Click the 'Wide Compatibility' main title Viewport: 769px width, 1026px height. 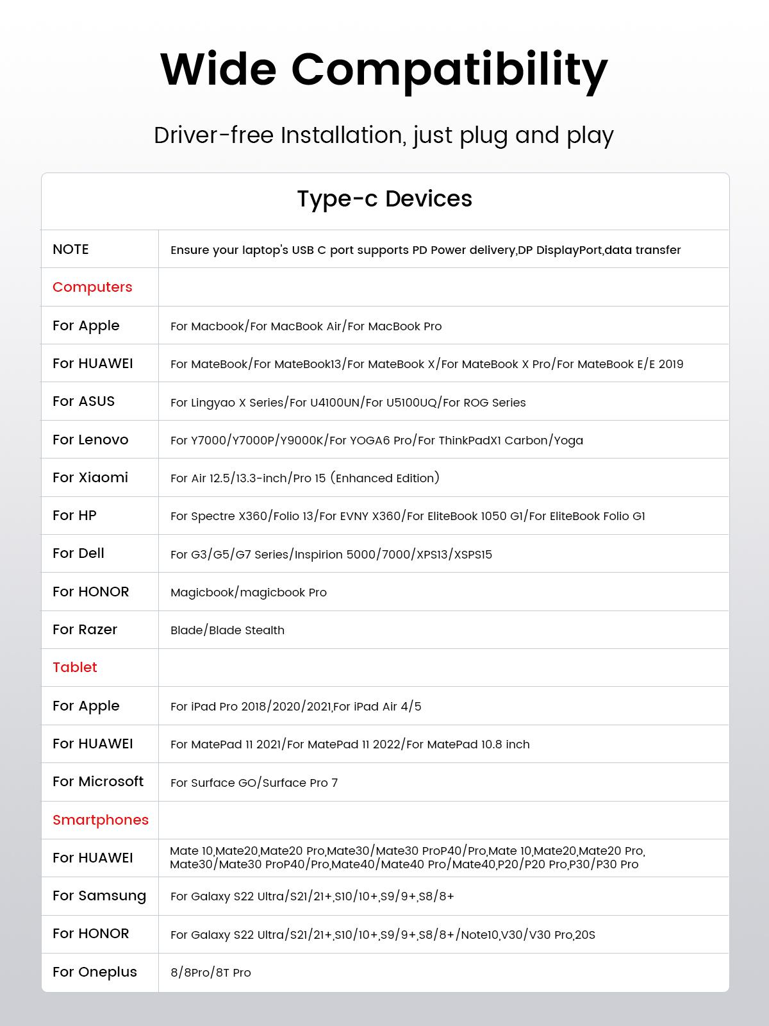tap(384, 69)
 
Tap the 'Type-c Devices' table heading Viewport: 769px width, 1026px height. tap(384, 199)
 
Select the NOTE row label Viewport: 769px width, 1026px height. tap(70, 249)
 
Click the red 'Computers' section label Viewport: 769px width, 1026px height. tap(92, 287)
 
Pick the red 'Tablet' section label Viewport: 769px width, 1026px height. tap(75, 668)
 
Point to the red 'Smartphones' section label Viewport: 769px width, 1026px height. tap(101, 820)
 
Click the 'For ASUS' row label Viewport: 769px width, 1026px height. tap(83, 401)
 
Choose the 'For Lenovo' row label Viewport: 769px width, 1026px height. tap(90, 440)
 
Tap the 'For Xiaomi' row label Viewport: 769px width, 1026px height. tap(90, 478)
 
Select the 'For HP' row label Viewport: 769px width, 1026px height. tap(74, 516)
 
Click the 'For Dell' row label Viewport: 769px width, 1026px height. tap(78, 553)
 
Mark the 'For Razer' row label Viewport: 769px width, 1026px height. tap(85, 630)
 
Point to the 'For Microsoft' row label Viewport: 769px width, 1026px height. tap(98, 782)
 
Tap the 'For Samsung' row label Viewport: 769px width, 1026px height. tap(99, 896)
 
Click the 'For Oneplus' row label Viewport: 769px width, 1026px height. tap(95, 972)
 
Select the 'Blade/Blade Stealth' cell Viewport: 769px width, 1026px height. tap(227, 630)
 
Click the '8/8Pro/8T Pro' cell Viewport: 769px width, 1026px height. tap(211, 973)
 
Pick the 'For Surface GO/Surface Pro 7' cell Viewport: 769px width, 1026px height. tap(254, 783)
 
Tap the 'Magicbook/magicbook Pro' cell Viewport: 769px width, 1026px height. tap(249, 593)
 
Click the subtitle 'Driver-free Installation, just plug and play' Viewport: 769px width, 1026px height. tap(384, 135)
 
